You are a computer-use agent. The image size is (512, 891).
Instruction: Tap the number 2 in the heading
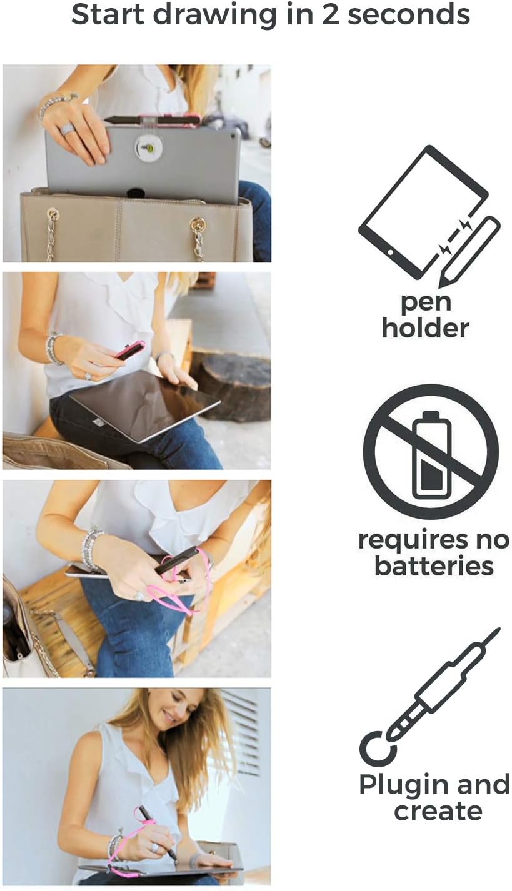pyautogui.click(x=329, y=14)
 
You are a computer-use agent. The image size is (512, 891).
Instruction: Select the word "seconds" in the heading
pyautogui.click(x=408, y=14)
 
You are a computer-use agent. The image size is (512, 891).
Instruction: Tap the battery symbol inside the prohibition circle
pyautogui.click(x=431, y=452)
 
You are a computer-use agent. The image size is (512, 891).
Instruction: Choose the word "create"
pyautogui.click(x=438, y=811)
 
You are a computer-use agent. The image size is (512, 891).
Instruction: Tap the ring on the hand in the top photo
pyautogui.click(x=68, y=129)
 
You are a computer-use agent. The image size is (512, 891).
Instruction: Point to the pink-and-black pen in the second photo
pyautogui.click(x=130, y=350)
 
